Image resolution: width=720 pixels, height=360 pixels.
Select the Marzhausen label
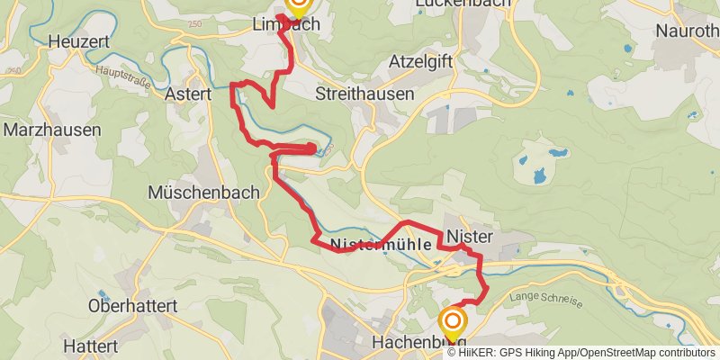click(52, 130)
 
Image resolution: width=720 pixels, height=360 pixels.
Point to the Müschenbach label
click(202, 192)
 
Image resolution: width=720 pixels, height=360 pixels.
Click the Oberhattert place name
click(132, 306)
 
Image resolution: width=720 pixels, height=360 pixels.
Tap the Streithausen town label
click(364, 94)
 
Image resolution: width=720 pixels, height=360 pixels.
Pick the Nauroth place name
click(688, 31)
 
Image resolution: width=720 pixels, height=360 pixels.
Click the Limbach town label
click(283, 26)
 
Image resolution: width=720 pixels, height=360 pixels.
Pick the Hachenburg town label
click(418, 343)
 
